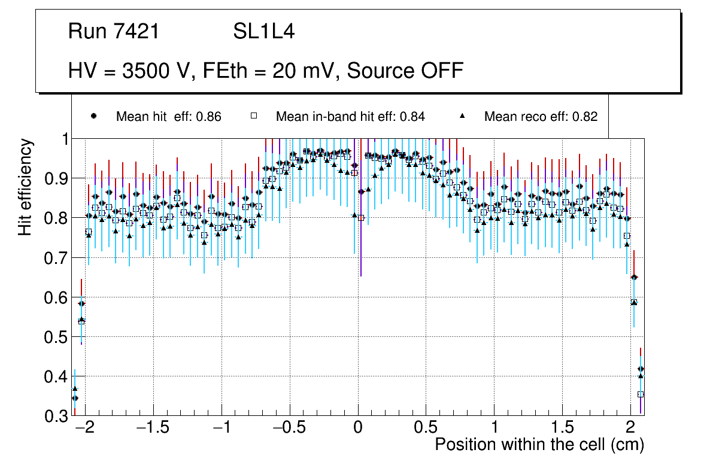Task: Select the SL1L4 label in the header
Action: coord(263,32)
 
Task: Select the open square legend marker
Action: coord(254,117)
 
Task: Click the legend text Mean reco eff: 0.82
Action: coord(541,117)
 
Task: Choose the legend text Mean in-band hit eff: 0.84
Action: coord(350,117)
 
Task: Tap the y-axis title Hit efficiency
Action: coord(25,187)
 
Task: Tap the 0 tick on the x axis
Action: coord(358,428)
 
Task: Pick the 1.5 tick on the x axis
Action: coord(562,428)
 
